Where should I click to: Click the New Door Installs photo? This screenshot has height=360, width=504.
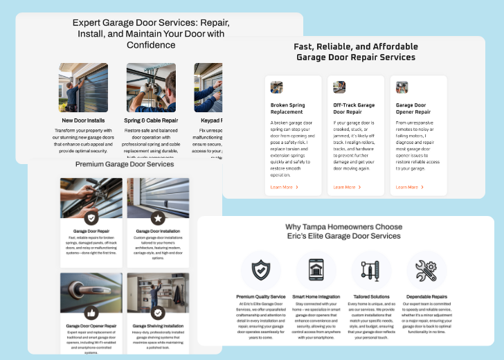tap(83, 88)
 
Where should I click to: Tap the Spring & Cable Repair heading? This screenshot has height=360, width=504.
tap(150, 120)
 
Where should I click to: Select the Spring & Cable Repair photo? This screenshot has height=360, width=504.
tap(150, 88)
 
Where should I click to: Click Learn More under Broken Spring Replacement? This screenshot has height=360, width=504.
tap(284, 187)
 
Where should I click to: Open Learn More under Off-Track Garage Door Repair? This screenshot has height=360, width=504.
tap(347, 187)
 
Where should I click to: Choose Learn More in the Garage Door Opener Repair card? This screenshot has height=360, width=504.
tap(409, 187)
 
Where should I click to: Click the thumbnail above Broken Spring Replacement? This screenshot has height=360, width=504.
tap(277, 87)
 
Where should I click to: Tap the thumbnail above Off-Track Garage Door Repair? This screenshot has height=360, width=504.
tap(339, 87)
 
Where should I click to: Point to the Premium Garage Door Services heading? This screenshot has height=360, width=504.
tap(125, 164)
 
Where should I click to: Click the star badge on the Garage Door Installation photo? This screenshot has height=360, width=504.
tap(158, 218)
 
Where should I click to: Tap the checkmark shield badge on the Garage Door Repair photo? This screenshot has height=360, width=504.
tap(91, 218)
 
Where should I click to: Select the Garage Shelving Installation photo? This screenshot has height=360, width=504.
tap(158, 294)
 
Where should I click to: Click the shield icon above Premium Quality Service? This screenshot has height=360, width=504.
tap(260, 270)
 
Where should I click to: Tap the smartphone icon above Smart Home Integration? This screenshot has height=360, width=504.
tap(316, 270)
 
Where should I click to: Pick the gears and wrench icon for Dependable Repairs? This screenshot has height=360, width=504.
tap(426, 270)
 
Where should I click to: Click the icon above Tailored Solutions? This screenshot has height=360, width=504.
tap(371, 270)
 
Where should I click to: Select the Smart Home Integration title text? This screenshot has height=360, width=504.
tap(316, 296)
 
